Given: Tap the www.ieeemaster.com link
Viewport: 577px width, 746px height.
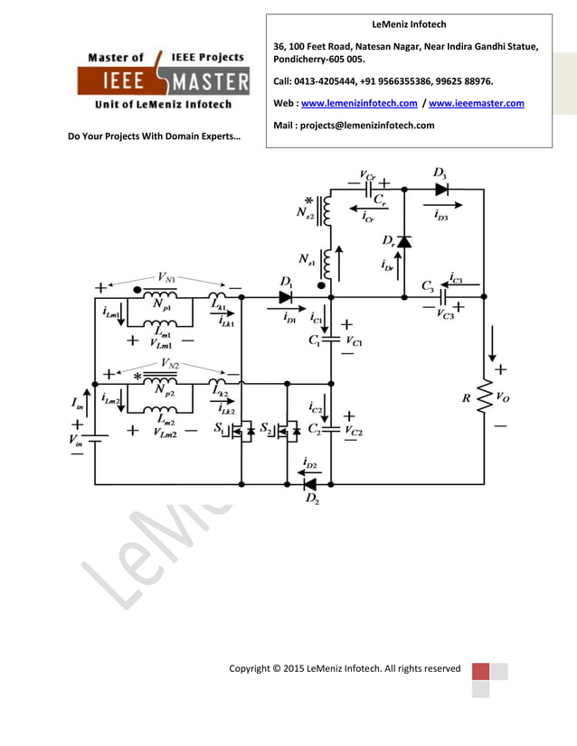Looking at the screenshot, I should [x=476, y=103].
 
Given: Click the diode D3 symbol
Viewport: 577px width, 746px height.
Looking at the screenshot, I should [x=440, y=190].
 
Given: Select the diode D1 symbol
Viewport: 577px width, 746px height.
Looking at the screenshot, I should [x=286, y=296].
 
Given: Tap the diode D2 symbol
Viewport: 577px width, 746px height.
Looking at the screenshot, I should [x=309, y=485].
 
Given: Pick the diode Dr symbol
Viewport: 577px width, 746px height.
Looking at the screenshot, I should [x=403, y=241].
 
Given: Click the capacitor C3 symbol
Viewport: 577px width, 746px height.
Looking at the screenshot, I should [x=443, y=296].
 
